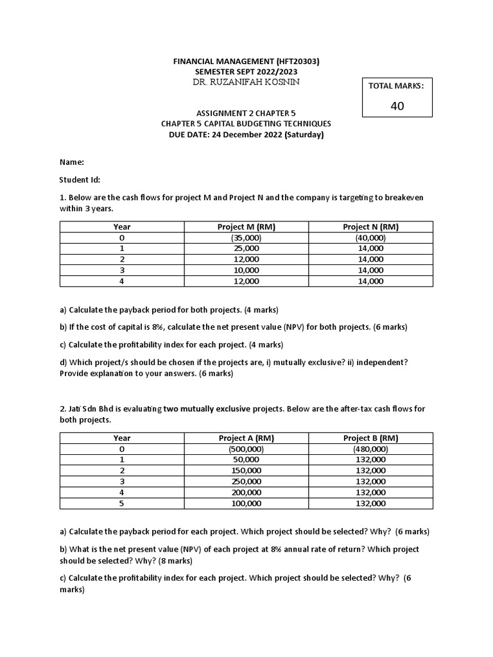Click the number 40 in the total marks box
[x=397, y=106]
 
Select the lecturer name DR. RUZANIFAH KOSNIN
[x=246, y=82]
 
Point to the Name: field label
[x=72, y=162]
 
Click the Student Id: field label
[x=80, y=180]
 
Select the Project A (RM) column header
[x=246, y=438]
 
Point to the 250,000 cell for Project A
[x=246, y=482]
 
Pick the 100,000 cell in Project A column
[x=246, y=504]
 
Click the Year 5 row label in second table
[x=122, y=504]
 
